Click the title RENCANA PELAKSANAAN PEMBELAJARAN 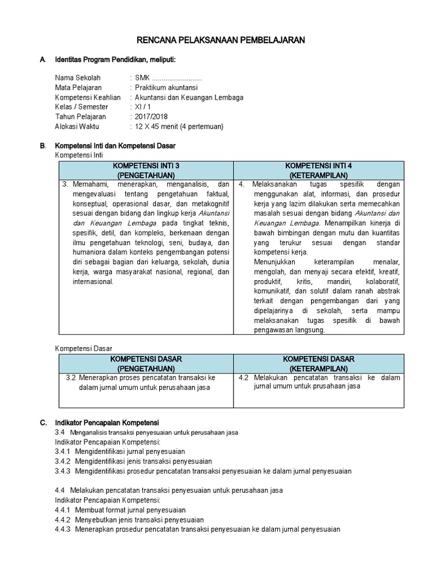(x=221, y=40)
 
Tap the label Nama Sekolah (x=78, y=78)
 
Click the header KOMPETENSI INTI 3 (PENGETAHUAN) (x=146, y=170)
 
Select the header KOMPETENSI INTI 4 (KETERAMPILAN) (x=318, y=170)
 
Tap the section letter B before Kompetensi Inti (x=42, y=146)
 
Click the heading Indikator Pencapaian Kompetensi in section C (x=107, y=422)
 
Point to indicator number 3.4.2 (x=62, y=461)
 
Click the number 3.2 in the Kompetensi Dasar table (x=70, y=377)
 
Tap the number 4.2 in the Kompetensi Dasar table (x=243, y=377)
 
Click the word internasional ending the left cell (x=93, y=281)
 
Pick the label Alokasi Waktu (x=77, y=127)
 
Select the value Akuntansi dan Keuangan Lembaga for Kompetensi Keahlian (x=189, y=97)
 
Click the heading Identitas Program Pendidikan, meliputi (x=119, y=60)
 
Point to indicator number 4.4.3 (x=62, y=529)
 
